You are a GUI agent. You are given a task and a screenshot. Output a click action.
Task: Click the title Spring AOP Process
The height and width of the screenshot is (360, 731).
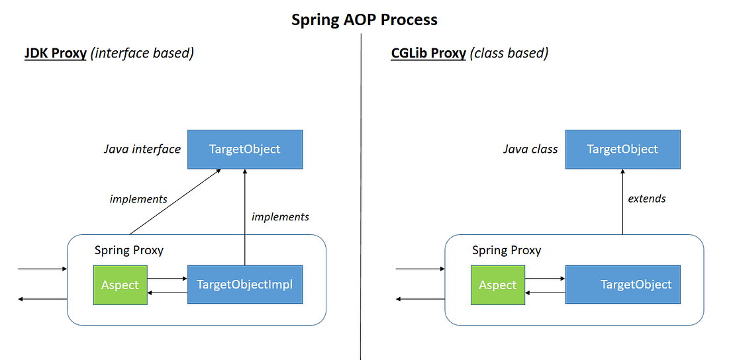pos(365,19)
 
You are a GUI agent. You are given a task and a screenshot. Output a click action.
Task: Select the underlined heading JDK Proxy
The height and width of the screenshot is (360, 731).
pos(56,53)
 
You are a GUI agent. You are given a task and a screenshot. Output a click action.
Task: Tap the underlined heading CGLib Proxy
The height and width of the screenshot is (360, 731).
pos(428,53)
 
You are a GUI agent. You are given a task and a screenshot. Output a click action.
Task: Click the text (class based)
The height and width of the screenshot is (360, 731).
pos(509,53)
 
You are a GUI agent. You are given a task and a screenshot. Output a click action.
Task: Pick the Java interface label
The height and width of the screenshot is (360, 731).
pos(142,149)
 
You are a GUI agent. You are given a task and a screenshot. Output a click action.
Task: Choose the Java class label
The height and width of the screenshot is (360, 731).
pos(530,149)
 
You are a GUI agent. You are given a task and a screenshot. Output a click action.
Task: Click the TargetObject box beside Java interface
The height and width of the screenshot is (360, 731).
pos(245,149)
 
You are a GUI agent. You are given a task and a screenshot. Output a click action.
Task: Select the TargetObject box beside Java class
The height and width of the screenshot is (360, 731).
pos(622,149)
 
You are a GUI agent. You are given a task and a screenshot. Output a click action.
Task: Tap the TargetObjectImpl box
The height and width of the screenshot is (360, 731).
pos(245,285)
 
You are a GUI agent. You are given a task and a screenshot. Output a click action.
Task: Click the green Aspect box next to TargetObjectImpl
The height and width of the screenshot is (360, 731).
pos(120,285)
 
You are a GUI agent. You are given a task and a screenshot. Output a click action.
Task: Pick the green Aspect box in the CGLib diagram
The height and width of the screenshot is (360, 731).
pos(497,285)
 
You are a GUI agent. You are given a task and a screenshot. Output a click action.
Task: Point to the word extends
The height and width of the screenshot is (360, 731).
pos(647,198)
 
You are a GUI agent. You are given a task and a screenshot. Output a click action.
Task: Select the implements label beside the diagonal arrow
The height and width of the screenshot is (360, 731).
pos(138,199)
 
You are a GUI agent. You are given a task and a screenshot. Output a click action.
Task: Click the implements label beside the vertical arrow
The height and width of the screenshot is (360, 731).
pos(280,216)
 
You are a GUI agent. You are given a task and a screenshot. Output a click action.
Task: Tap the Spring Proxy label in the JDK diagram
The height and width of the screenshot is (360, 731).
pos(129,250)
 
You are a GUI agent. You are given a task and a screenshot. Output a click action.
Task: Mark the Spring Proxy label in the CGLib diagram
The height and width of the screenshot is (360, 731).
pos(507,250)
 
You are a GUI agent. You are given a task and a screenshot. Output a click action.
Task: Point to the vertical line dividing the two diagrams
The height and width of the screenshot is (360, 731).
pos(361,199)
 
